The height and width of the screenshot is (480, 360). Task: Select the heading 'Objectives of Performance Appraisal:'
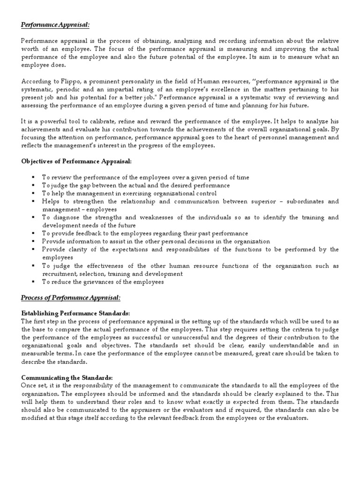[76, 161]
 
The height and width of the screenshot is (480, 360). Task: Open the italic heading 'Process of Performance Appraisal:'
[71, 298]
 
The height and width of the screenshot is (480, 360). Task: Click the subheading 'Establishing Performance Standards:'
[75, 313]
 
